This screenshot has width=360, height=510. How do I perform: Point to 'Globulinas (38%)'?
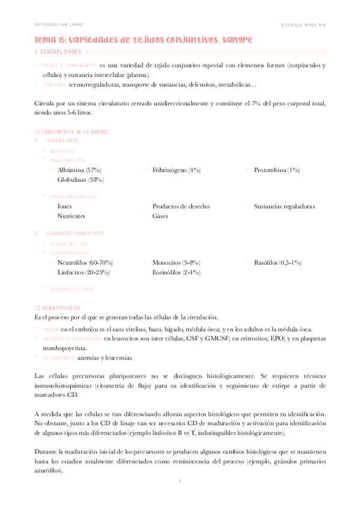click(81, 179)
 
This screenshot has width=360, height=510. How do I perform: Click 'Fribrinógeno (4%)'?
click(176, 170)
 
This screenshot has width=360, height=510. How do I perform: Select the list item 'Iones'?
click(64, 206)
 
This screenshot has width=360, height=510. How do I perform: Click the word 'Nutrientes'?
click(71, 215)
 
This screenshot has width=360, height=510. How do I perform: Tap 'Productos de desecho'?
click(181, 206)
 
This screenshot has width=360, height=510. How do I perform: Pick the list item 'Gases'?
click(160, 215)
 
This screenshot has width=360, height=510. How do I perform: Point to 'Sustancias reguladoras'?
click(284, 206)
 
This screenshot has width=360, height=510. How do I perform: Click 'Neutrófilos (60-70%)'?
click(85, 263)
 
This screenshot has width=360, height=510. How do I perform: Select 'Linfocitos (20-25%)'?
click(83, 272)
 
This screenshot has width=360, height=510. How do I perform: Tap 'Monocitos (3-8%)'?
click(176, 263)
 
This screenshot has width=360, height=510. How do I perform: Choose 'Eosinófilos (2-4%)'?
click(176, 272)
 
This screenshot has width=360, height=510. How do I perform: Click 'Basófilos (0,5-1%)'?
click(278, 263)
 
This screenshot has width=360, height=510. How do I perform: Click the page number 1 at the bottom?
click(180, 482)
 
